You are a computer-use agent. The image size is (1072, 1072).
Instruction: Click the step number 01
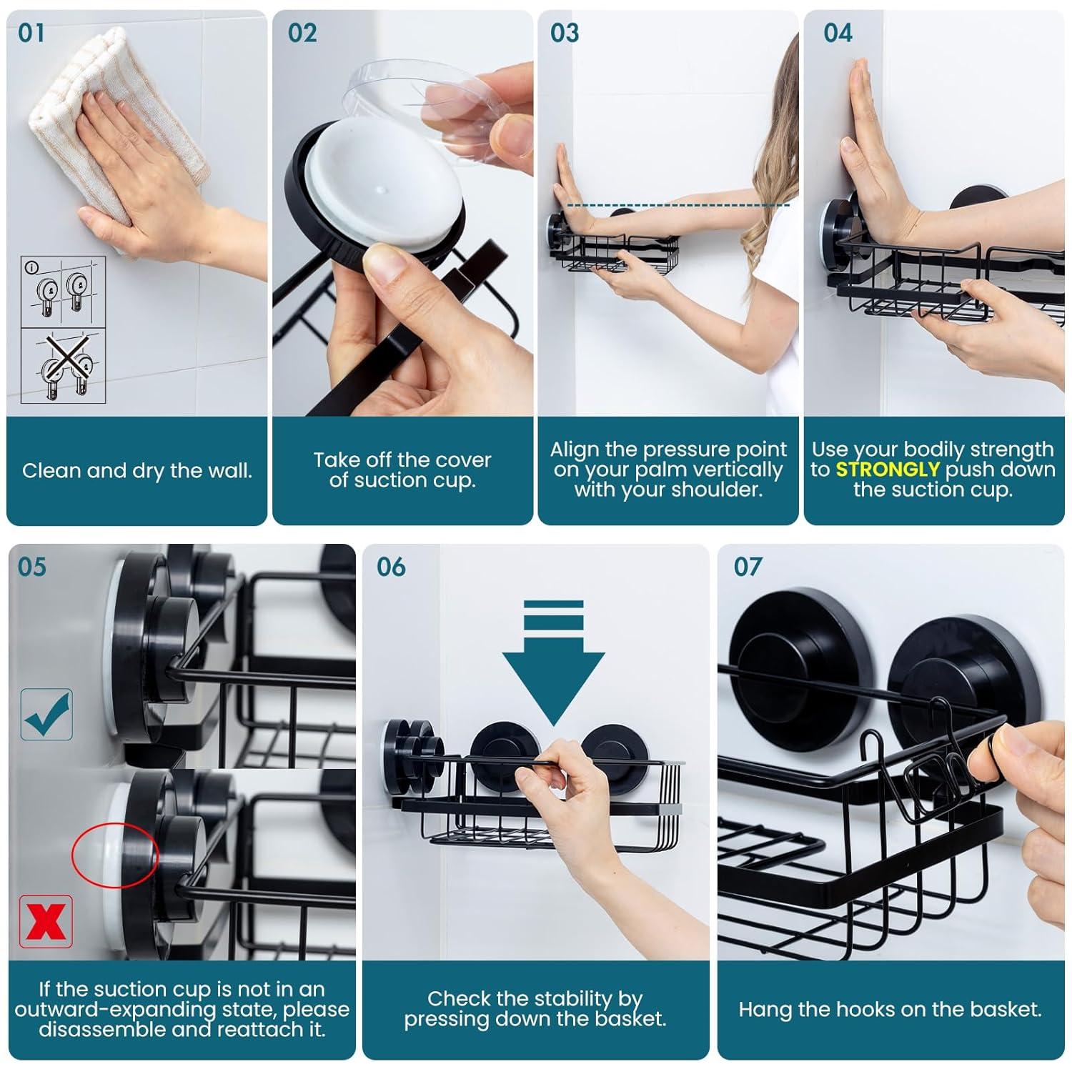31,33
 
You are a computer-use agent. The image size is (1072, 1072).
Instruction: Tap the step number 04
838,33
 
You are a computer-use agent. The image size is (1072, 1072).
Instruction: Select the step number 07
748,567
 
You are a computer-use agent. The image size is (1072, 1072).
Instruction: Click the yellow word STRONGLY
887,470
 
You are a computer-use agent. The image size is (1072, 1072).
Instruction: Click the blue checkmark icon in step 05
46,714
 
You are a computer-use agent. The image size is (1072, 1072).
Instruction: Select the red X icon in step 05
46,920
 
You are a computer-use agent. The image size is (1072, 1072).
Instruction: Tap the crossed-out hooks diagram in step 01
63,365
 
